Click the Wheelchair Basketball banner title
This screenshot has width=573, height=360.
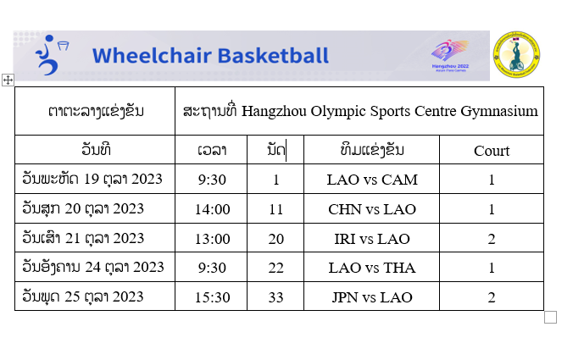[x=210, y=56]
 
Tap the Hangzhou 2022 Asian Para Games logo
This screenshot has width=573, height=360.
[x=450, y=56]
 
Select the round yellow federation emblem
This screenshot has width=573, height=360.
[x=516, y=54]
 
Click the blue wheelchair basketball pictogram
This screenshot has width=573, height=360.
[x=51, y=55]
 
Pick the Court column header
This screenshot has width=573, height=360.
[x=492, y=151]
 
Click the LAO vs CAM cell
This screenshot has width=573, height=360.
[x=372, y=180]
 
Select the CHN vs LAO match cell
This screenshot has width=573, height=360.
[x=372, y=209]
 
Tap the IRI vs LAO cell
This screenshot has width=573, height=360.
[x=372, y=239]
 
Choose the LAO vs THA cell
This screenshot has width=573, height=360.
[x=372, y=268]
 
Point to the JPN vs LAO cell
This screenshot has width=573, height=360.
[x=372, y=297]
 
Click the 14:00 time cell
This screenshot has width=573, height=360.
[x=212, y=209]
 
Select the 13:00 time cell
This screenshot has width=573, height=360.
[x=212, y=239]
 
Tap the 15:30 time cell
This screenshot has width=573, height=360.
[x=212, y=297]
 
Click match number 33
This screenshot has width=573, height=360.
[x=275, y=297]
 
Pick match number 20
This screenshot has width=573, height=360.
[x=275, y=239]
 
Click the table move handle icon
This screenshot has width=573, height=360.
[x=8, y=80]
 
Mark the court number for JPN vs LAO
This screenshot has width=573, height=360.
[x=492, y=297]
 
